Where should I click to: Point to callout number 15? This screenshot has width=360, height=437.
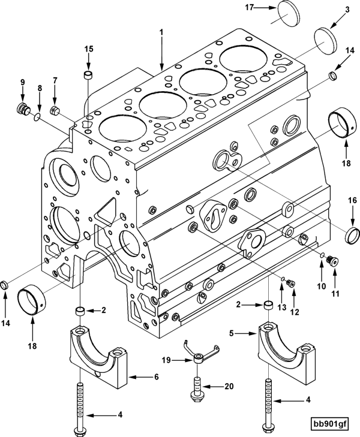click(x=88, y=49)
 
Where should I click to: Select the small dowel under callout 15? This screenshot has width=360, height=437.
click(x=88, y=76)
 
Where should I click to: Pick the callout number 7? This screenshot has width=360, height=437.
click(x=55, y=80)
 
